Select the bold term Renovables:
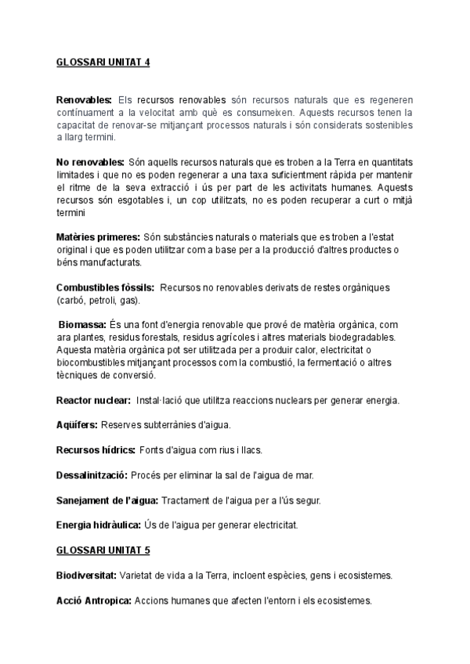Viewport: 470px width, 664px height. (85, 100)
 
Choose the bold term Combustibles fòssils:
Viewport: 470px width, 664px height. (105, 288)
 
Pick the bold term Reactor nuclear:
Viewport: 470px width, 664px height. (93, 400)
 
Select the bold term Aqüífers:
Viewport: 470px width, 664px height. (77, 425)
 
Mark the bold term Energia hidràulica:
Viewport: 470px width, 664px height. (99, 525)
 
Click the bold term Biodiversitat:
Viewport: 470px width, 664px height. (86, 576)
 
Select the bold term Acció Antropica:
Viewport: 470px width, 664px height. (94, 601)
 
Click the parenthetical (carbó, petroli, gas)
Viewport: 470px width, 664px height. (95, 301)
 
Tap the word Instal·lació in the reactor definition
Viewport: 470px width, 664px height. (161, 400)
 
